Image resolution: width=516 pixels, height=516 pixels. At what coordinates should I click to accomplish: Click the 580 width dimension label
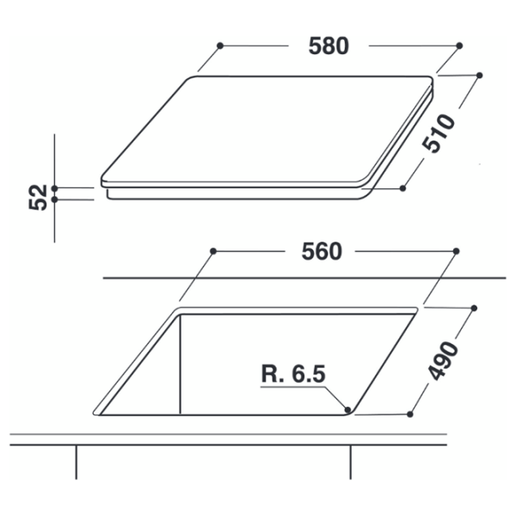[329, 46]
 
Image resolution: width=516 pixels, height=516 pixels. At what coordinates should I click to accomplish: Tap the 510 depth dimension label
[439, 133]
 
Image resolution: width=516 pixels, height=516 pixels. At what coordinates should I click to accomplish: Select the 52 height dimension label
[39, 197]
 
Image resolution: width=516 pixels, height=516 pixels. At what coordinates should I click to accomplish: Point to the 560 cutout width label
[322, 252]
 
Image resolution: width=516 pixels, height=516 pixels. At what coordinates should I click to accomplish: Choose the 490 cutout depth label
[444, 360]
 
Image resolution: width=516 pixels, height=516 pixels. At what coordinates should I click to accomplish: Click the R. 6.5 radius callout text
[293, 373]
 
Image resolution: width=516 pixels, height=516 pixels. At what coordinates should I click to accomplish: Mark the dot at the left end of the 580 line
[220, 46]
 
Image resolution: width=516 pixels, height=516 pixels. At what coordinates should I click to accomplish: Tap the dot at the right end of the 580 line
[459, 46]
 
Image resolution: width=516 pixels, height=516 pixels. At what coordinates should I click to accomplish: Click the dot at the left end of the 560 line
[213, 251]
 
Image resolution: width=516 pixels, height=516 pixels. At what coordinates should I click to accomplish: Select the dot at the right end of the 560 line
[456, 251]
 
